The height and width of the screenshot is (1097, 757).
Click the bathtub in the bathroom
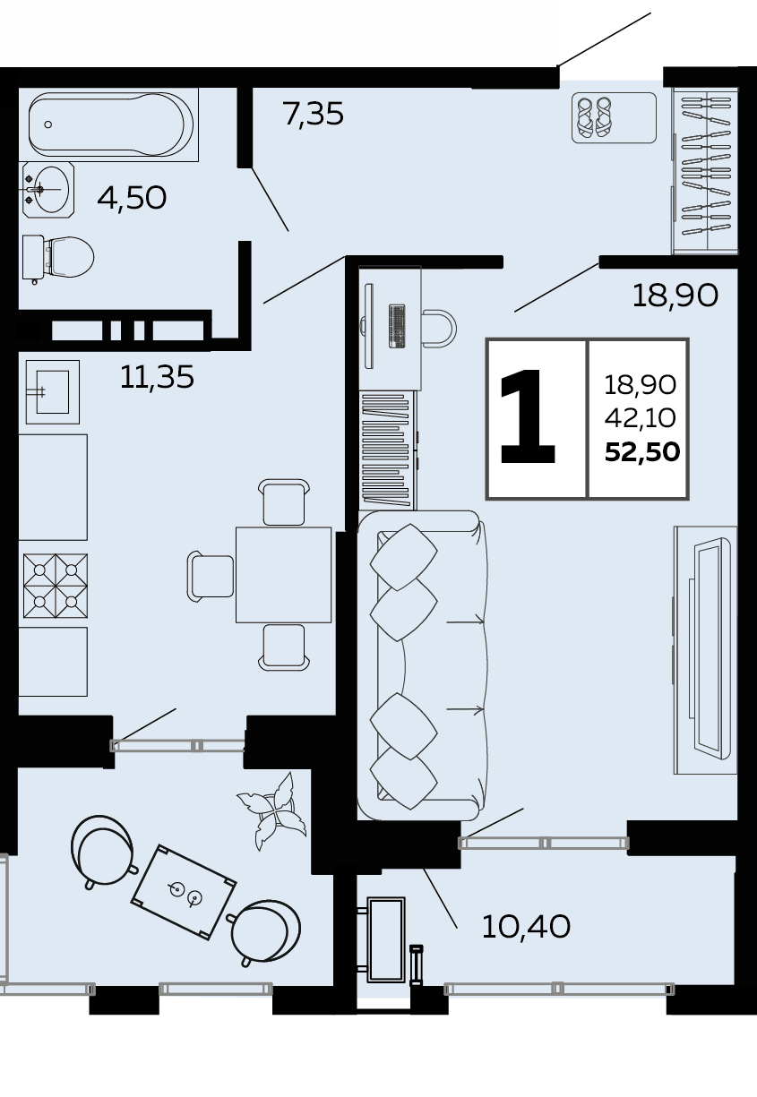[x=108, y=124]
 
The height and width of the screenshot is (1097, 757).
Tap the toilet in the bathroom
[x=58, y=258]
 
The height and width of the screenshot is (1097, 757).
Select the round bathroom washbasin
[x=48, y=190]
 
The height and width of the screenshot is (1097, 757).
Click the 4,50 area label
[x=132, y=198]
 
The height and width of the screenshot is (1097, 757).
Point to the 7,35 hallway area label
[x=313, y=115]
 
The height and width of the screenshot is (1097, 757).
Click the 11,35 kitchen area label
[x=157, y=378]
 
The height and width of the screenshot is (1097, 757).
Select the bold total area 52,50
[x=642, y=451]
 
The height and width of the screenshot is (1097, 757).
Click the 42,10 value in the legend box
[x=641, y=417]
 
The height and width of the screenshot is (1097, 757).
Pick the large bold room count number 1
[x=529, y=416]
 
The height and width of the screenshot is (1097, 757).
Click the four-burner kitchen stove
[x=56, y=586]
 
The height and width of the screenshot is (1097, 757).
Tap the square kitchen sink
[x=53, y=392]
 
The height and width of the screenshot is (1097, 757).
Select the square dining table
[x=284, y=575]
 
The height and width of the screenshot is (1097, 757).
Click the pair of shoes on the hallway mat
[x=594, y=117]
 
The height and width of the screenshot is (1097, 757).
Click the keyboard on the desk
[x=397, y=326]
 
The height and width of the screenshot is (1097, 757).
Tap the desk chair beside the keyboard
[x=440, y=328]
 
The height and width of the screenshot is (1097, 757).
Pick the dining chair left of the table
[x=211, y=576]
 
